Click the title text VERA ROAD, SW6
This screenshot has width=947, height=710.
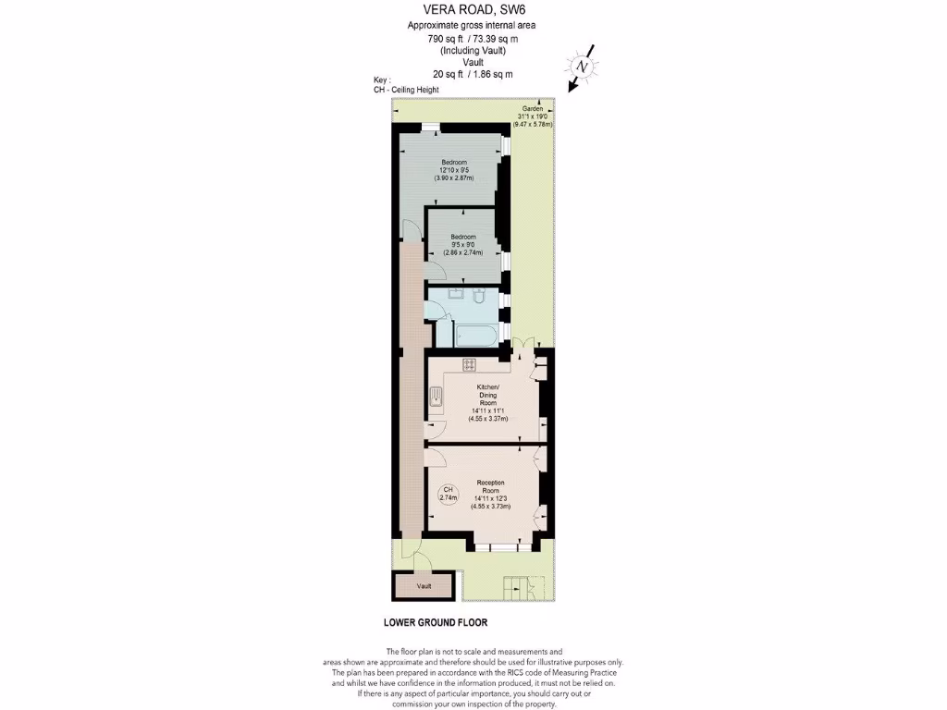473,10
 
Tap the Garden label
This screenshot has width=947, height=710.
533,108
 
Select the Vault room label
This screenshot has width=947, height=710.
424,586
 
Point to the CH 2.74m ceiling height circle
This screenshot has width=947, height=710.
449,493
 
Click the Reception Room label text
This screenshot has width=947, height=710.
490,486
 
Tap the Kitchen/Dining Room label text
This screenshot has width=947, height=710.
488,394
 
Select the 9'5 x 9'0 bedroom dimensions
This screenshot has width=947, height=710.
463,245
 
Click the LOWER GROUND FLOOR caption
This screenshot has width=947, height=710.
435,623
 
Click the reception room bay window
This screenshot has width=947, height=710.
505,547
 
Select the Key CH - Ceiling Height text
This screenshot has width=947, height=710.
400,85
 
